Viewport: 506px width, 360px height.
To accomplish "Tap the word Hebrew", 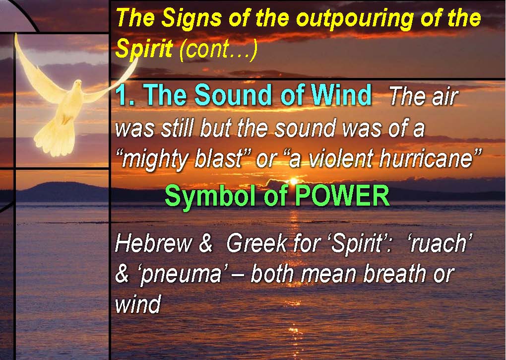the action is (154, 243).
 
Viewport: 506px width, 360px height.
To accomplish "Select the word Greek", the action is (257, 243).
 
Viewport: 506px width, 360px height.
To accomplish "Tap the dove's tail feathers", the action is (55, 139).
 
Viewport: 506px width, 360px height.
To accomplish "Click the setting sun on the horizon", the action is (293, 181).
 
